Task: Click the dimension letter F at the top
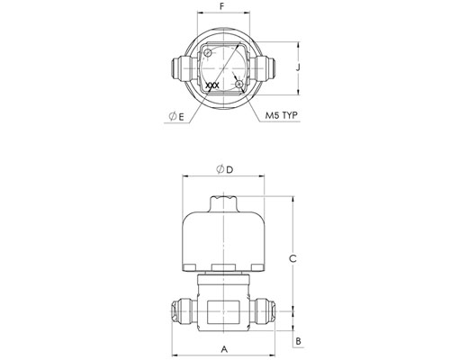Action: click(222, 6)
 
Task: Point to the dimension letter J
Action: click(298, 67)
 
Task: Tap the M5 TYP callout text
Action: click(281, 115)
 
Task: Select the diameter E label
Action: click(176, 116)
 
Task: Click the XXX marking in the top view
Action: click(212, 85)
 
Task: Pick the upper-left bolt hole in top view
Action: click(208, 53)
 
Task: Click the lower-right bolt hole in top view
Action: click(239, 84)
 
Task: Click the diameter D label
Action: click(225, 170)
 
